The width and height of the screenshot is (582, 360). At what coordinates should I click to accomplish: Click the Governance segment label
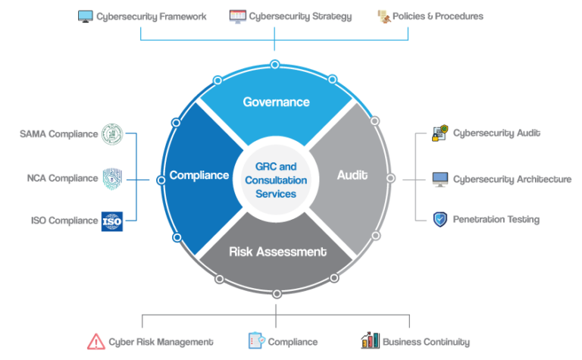coord(276,102)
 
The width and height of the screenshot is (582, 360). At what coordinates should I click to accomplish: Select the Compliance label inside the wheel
coord(199,175)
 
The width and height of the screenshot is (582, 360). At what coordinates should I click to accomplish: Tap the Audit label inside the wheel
coord(352,175)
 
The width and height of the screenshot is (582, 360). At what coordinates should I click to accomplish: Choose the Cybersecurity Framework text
coord(151,16)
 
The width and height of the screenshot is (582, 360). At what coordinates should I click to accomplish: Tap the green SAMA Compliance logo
coord(112,134)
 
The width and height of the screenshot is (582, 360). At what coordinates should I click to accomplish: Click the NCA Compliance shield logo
coord(112,178)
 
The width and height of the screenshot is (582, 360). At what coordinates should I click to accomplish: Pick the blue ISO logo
coord(112,221)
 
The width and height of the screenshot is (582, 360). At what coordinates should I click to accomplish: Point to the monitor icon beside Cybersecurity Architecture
coord(440,180)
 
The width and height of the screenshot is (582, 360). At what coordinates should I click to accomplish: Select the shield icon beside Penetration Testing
coord(440,220)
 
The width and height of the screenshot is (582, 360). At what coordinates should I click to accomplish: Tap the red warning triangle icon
coord(96,342)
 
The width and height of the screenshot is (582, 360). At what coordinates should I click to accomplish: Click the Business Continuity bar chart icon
coord(370,341)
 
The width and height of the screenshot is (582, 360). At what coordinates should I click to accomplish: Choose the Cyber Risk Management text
coord(161,343)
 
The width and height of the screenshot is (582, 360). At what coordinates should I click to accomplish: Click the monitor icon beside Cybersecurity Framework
coord(86,16)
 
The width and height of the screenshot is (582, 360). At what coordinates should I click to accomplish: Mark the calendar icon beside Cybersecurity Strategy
coord(237,16)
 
